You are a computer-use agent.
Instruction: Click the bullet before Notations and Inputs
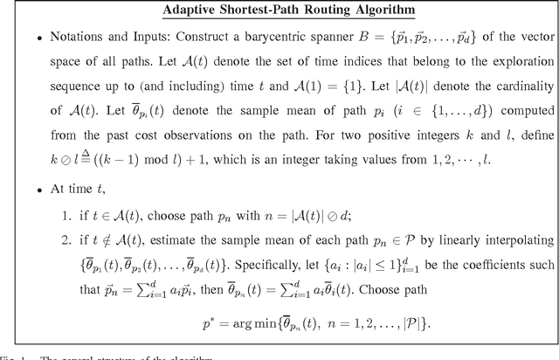pyautogui.click(x=28, y=41)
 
